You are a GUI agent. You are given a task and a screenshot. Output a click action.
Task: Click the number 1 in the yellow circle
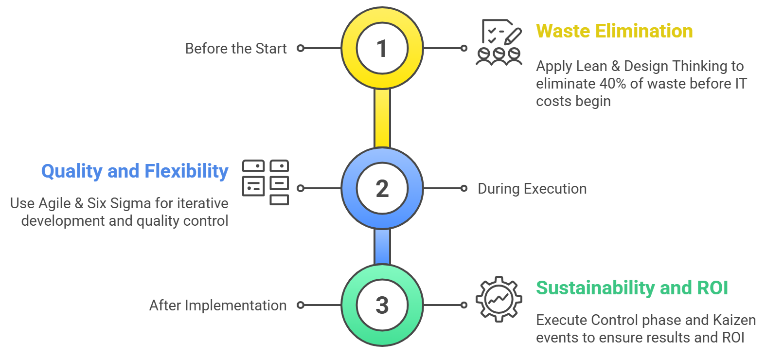[382, 49]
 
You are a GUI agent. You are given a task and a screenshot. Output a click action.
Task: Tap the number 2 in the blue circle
[382, 189]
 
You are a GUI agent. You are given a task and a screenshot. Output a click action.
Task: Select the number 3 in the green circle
[382, 306]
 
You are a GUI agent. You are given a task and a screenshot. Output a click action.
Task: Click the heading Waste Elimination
[614, 31]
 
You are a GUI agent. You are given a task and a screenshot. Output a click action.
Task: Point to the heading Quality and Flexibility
[135, 171]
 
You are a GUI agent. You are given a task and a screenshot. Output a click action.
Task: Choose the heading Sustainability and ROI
[632, 288]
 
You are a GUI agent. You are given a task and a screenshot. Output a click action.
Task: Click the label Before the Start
[236, 49]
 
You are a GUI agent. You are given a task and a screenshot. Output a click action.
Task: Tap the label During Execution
[532, 189]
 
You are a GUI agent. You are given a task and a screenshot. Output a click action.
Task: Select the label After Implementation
[218, 306]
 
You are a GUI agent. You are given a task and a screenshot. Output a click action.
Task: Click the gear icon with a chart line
[499, 299]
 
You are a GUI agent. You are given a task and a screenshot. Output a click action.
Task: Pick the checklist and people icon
[499, 42]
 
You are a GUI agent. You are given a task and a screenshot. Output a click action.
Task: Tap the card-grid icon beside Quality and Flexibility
[266, 182]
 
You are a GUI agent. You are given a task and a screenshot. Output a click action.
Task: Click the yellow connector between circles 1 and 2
[382, 118]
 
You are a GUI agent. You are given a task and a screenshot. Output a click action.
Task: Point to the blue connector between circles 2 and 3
[382, 247]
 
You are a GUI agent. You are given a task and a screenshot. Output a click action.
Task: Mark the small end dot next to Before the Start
[301, 48]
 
